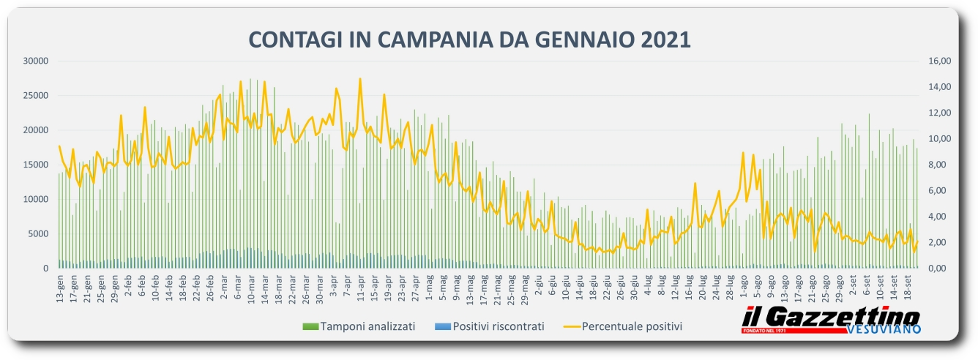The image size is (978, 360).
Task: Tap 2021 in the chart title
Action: pos(662,40)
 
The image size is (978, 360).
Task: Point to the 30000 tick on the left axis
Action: pos(34,61)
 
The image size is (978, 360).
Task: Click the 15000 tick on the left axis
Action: pos(34,165)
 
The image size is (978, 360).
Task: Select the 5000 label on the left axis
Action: pos(37,234)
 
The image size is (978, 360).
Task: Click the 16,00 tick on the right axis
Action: pos(938,61)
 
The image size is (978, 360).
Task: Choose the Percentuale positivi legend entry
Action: pos(632,326)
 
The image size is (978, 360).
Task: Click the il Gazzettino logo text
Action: pos(830,318)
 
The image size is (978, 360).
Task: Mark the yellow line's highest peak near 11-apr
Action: pos(360,79)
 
